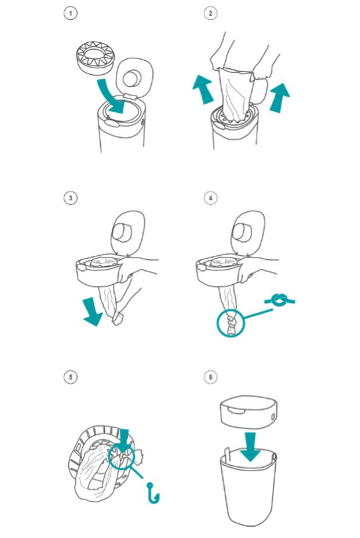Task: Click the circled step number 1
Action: (70, 13)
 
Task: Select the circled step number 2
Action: (210, 13)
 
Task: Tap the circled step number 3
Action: (70, 197)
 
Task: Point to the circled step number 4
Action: (210, 197)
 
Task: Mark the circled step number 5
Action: (70, 377)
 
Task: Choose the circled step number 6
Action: (210, 377)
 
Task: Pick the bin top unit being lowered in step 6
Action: (249, 413)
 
